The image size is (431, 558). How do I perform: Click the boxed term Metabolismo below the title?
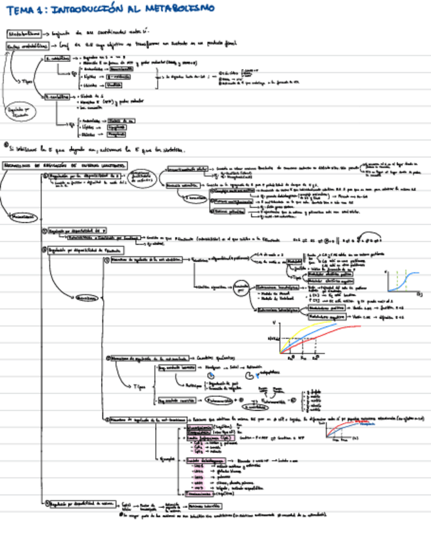[x=22, y=32]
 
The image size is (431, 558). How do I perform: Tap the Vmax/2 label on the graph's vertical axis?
[x=273, y=337]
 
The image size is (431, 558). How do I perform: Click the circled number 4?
[x=45, y=504]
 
